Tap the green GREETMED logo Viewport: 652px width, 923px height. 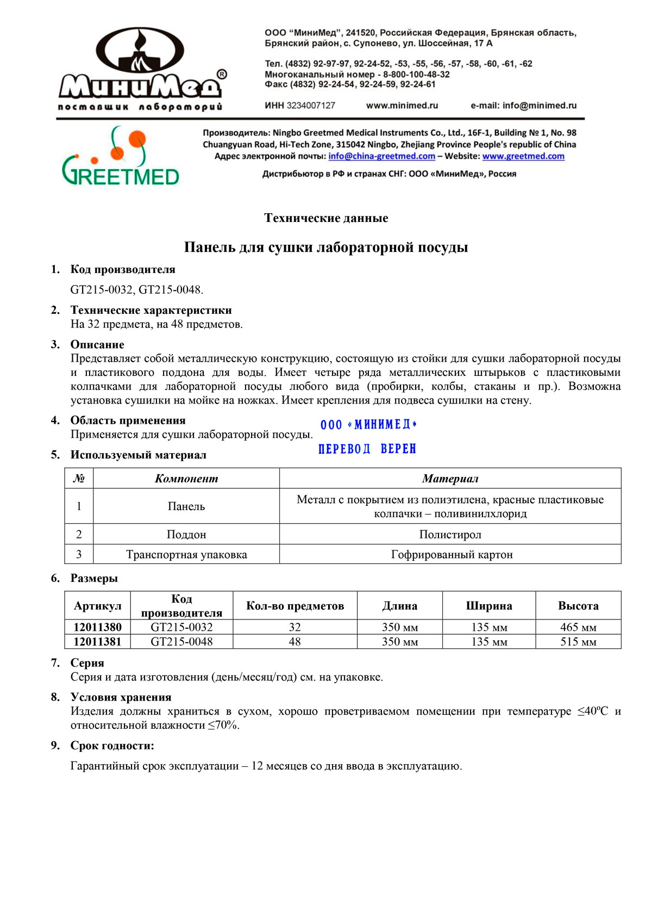(120, 157)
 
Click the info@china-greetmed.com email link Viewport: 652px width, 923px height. (381, 156)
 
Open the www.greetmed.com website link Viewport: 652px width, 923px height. (523, 156)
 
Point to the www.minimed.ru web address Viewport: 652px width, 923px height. (402, 106)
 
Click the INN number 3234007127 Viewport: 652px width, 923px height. (311, 106)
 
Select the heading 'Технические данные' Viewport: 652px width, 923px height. (326, 218)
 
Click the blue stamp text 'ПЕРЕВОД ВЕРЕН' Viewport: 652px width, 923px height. (367, 449)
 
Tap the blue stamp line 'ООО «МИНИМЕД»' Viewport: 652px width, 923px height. (368, 425)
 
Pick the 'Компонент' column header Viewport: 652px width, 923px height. (186, 479)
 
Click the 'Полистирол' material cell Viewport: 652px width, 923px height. (450, 535)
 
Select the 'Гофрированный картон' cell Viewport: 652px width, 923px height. (452, 555)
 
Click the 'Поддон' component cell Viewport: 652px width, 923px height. (186, 535)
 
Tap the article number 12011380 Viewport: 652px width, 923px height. (98, 627)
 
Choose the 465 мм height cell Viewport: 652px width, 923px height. (578, 627)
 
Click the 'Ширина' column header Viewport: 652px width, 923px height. (489, 606)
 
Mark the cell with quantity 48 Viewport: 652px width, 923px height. (294, 642)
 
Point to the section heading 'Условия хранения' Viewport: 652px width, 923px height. (121, 697)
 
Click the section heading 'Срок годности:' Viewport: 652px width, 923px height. (112, 746)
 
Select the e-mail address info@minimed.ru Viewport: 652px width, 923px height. (540, 106)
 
